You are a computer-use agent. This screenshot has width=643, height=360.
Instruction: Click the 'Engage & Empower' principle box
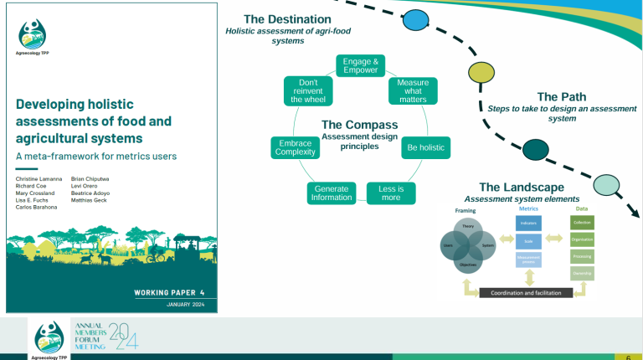[362, 65]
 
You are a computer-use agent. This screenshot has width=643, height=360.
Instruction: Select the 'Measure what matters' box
[413, 91]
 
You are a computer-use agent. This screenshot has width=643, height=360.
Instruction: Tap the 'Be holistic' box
[425, 148]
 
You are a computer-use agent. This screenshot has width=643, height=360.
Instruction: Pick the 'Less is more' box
[391, 193]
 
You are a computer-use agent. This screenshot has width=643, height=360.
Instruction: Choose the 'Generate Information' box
[332, 193]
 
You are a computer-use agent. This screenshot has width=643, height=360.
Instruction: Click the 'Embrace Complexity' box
[294, 148]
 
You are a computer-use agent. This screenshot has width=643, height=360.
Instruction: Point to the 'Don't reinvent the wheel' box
[308, 91]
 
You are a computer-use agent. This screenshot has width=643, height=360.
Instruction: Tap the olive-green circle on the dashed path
[479, 73]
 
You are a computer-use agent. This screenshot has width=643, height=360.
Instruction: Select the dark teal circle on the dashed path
[534, 150]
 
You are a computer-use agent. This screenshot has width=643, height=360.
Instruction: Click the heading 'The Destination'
[287, 19]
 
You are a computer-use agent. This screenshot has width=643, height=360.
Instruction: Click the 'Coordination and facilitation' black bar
[526, 293]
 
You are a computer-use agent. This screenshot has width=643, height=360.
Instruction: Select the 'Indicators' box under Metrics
[529, 223]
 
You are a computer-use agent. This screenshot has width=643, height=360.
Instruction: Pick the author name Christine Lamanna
[39, 179]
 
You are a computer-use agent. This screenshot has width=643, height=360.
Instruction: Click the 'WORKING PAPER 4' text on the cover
[168, 291]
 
